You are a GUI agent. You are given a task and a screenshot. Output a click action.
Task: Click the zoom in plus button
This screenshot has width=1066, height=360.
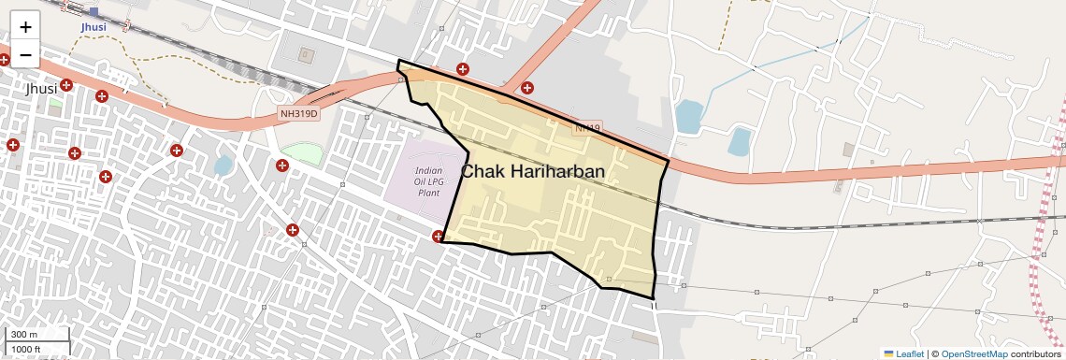tap(25, 27)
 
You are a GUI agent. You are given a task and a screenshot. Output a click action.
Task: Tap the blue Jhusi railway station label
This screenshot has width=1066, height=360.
tap(94, 26)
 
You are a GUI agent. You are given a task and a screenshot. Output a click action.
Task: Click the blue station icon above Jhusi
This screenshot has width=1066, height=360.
tap(94, 12)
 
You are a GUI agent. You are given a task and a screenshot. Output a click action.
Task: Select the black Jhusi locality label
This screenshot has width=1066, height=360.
tap(41, 88)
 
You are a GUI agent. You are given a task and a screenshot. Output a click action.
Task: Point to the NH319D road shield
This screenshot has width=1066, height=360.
tap(299, 114)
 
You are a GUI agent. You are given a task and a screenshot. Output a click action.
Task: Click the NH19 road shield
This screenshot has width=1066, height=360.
tap(586, 127)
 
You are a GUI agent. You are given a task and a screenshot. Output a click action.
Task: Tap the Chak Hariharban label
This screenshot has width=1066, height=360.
tap(533, 172)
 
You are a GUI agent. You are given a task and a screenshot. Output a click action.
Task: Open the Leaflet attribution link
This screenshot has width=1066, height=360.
tap(904, 353)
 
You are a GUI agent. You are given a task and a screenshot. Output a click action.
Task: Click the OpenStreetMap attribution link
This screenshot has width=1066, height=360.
tap(973, 353)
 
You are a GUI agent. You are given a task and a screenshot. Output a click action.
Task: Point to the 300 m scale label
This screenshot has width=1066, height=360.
tap(23, 335)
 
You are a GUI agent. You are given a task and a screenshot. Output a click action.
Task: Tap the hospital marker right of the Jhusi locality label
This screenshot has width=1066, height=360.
tap(66, 86)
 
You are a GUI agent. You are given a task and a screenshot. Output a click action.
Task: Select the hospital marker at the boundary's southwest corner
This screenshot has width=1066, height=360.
tap(439, 237)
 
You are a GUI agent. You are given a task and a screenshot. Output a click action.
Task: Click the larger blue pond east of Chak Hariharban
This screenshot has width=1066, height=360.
tap(688, 117)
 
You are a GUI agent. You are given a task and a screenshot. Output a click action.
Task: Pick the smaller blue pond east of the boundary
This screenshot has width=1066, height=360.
tap(739, 141)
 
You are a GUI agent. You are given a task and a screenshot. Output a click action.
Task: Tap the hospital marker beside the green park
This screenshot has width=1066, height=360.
tap(282, 166)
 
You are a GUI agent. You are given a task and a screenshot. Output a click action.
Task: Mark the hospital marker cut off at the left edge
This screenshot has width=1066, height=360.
tap(4, 59)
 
